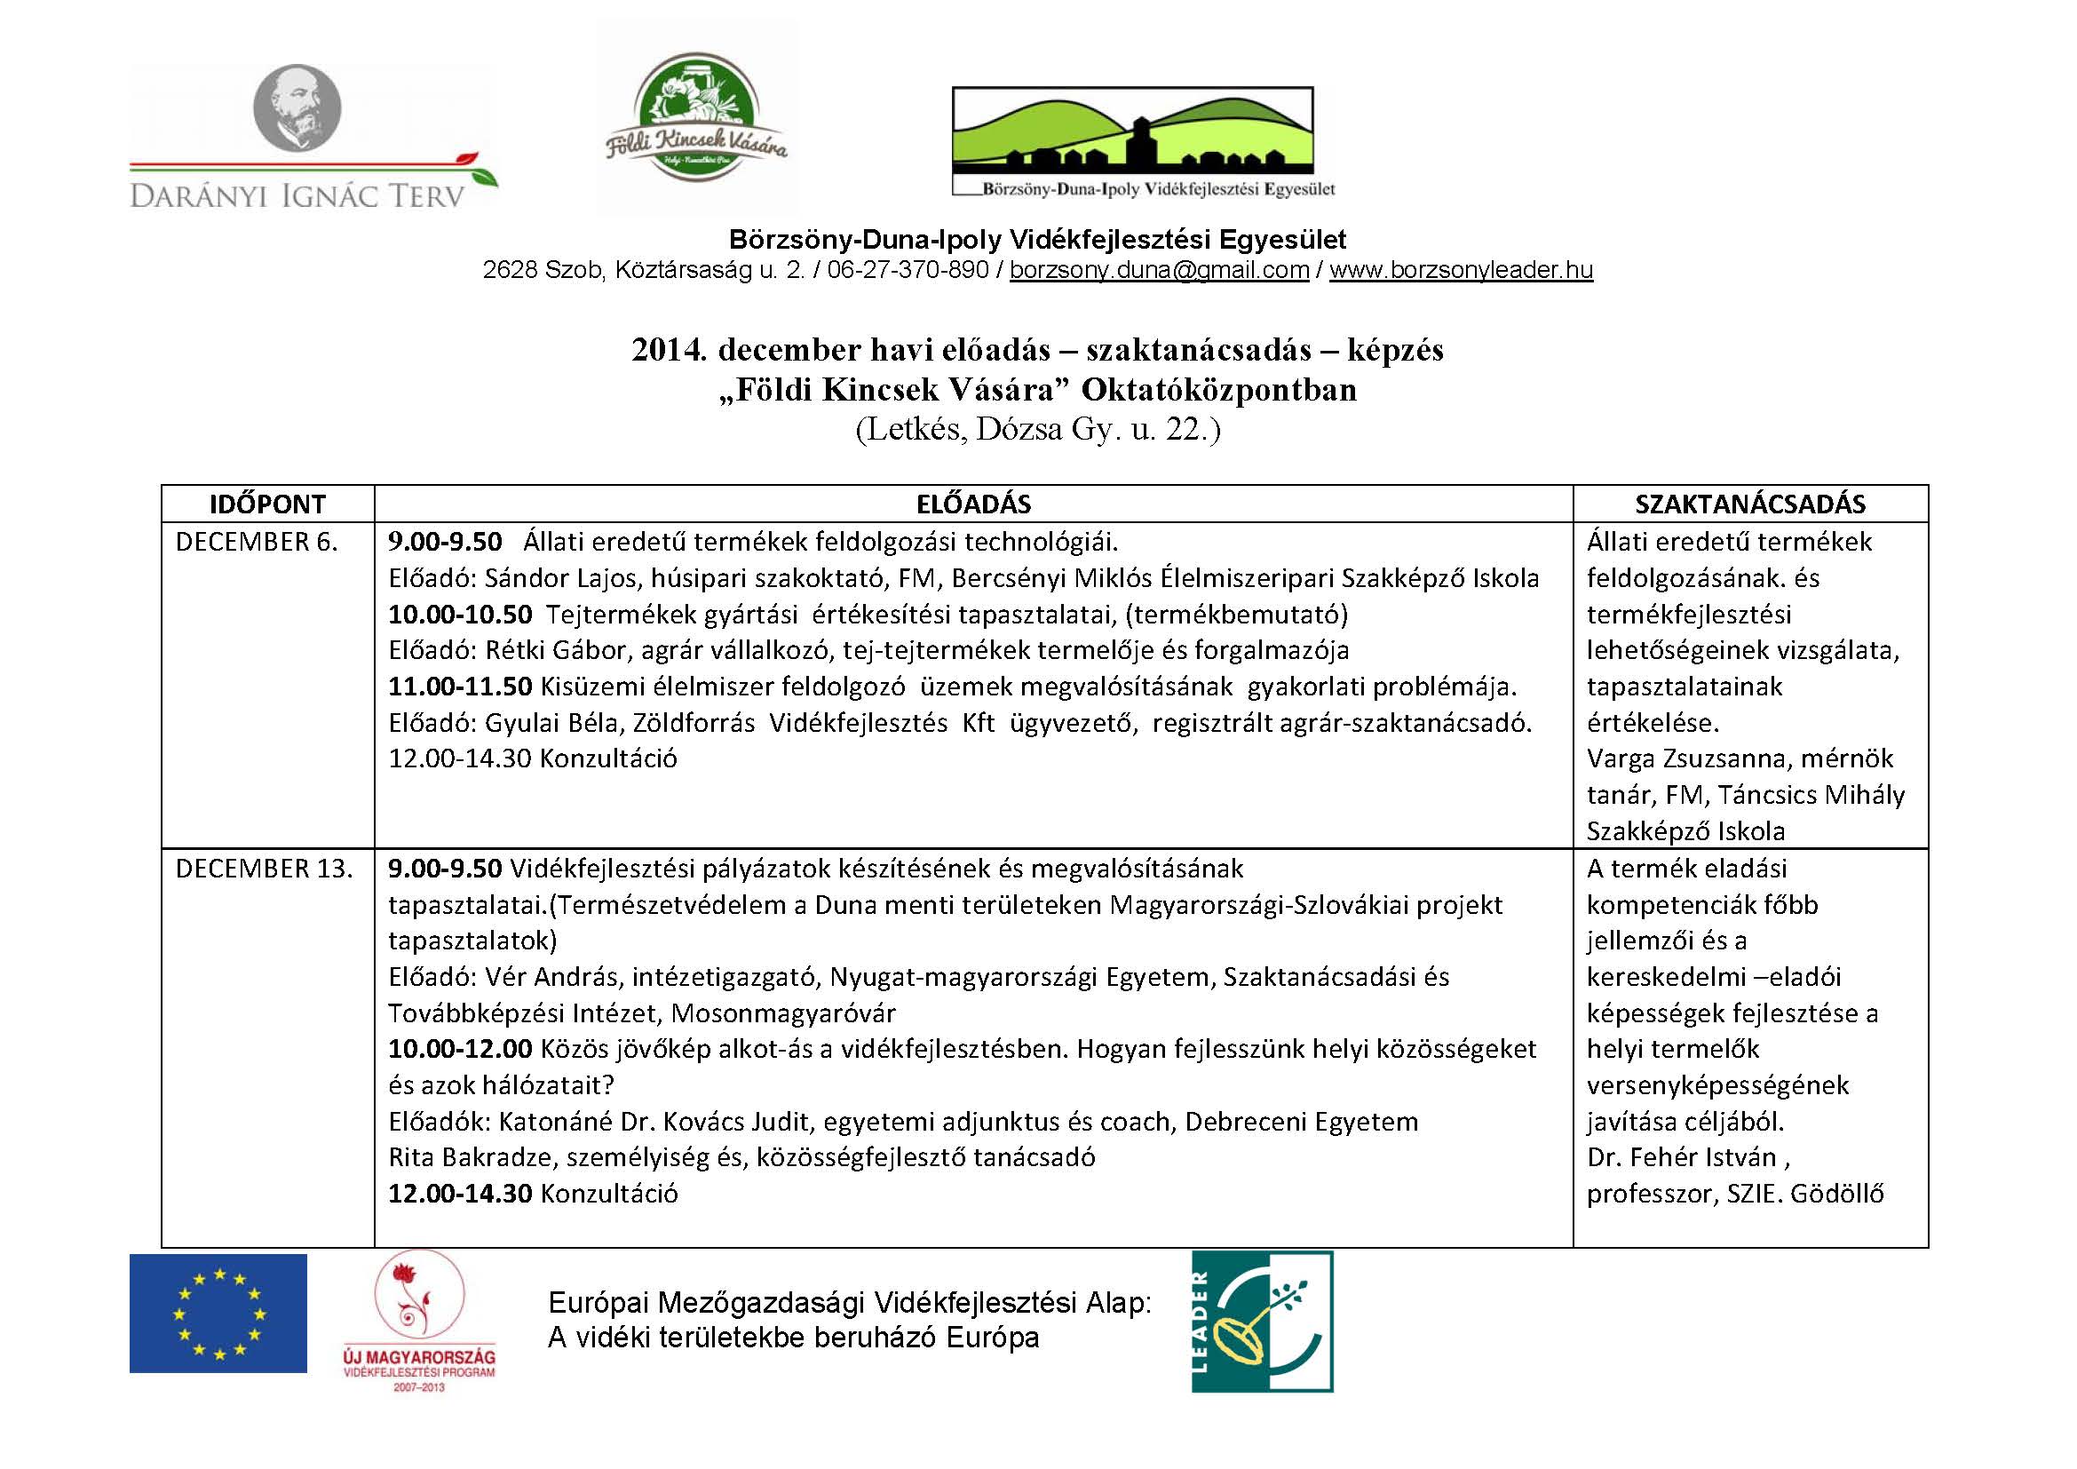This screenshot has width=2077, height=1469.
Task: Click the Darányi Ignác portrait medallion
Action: click(x=296, y=107)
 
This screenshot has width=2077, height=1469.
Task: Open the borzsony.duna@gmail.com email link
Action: click(x=1159, y=271)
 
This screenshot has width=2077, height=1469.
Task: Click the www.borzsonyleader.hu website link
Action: click(x=1460, y=271)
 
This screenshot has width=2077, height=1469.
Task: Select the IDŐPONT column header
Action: click(x=268, y=504)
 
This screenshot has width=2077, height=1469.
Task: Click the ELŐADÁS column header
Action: click(x=973, y=504)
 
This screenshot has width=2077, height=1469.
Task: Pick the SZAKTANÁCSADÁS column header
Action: click(x=1749, y=504)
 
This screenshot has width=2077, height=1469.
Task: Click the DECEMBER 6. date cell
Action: click(x=256, y=542)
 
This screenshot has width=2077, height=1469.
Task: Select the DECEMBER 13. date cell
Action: click(x=264, y=869)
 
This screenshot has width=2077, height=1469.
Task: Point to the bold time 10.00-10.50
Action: click(x=460, y=615)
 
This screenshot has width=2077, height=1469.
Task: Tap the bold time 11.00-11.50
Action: click(x=460, y=687)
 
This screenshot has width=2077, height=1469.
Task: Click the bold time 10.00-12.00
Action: click(x=460, y=1049)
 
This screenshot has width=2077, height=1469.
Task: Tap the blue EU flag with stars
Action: click(x=218, y=1313)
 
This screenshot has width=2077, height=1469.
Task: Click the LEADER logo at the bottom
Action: click(x=1262, y=1321)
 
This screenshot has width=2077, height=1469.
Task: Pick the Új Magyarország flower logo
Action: click(x=420, y=1320)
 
